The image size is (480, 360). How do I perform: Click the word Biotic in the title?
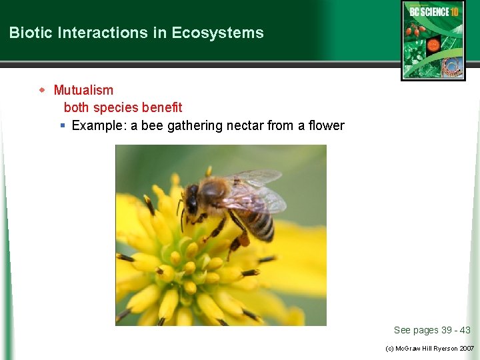pyautogui.click(x=27, y=33)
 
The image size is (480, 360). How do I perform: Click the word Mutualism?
pyautogui.click(x=83, y=90)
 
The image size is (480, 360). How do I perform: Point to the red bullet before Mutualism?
pyautogui.click(x=42, y=90)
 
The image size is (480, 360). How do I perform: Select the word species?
pyautogui.click(x=116, y=107)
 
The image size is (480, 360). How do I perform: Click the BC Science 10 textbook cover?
pyautogui.click(x=433, y=41)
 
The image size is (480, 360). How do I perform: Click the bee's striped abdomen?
pyautogui.click(x=259, y=224)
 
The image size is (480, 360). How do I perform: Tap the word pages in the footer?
pyautogui.click(x=426, y=330)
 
